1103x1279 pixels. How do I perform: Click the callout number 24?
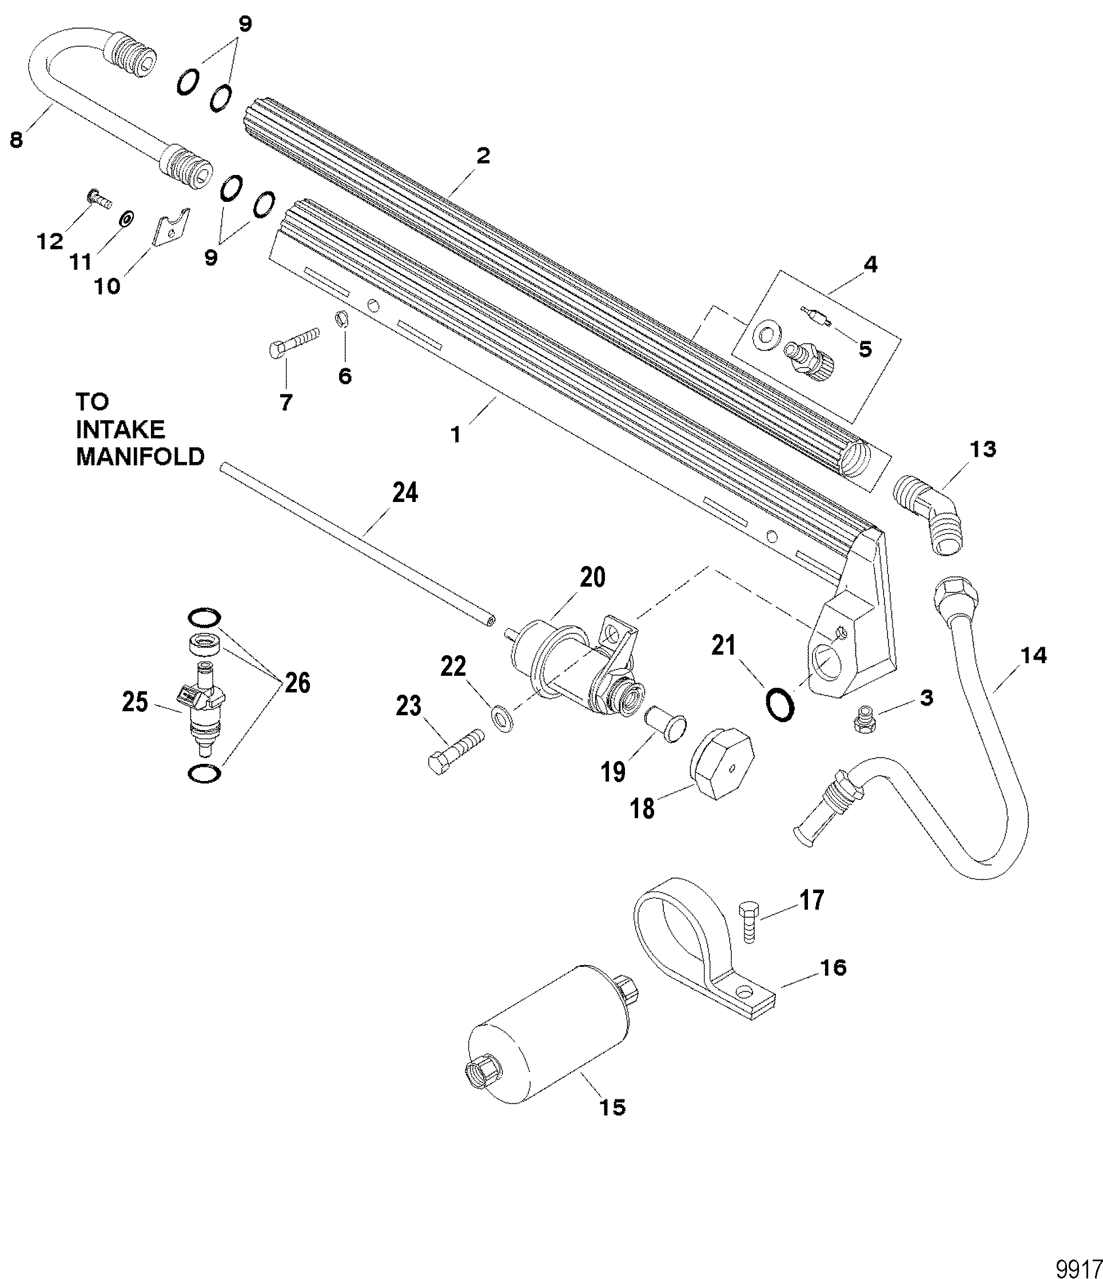point(405,493)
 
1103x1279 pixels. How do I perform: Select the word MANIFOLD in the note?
point(140,456)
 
